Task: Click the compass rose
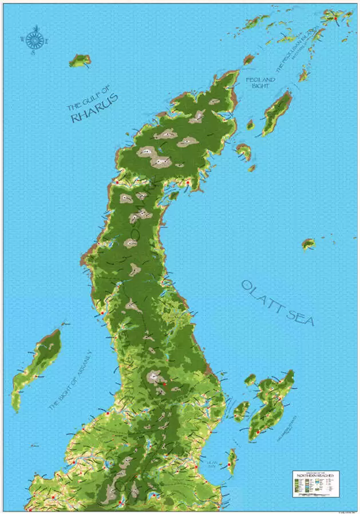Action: tap(34, 39)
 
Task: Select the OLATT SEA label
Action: tap(278, 303)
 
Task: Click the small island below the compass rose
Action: tap(80, 60)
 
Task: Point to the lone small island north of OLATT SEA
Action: tap(308, 244)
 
